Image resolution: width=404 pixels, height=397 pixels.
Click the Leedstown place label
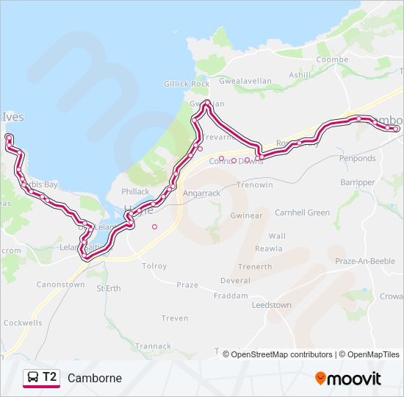tap(271, 304)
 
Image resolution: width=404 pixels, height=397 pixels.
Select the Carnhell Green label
tap(302, 212)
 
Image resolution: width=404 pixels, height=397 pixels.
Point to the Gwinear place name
tap(246, 215)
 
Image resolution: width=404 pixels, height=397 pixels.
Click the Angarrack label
tap(201, 193)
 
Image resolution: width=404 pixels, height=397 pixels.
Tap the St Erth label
tap(109, 288)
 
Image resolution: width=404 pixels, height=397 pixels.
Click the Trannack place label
tap(153, 346)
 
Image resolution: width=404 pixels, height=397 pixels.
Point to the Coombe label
tap(332, 60)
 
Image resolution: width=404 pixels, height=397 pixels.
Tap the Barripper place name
tap(358, 182)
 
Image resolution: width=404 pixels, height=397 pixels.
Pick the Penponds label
tap(357, 158)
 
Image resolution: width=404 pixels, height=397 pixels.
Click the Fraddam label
tap(230, 296)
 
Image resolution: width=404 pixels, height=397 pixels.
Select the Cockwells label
tap(22, 322)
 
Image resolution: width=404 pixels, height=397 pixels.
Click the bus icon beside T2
tap(32, 378)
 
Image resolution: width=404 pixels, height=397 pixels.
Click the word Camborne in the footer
tap(95, 379)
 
